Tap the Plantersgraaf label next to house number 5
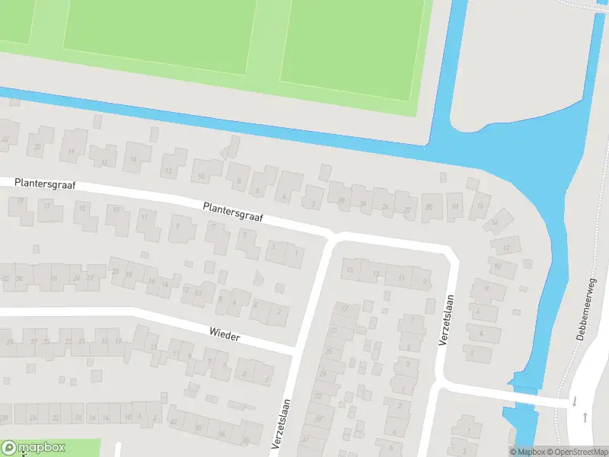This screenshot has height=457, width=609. pyautogui.click(x=233, y=212)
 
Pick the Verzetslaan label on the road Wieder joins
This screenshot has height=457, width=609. pyautogui.click(x=282, y=424)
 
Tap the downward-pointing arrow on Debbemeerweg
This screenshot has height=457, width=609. pyautogui.click(x=575, y=401)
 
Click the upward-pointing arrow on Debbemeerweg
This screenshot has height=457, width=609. pyautogui.click(x=585, y=417)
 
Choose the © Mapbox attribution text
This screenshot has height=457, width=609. pyautogui.click(x=527, y=452)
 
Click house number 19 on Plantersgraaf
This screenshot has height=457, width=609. pyautogui.click(x=21, y=200)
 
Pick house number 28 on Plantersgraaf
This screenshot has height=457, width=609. pyautogui.click(x=342, y=201)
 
